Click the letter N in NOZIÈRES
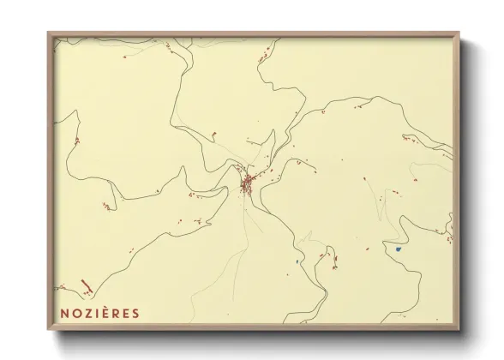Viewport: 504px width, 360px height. click(65, 313)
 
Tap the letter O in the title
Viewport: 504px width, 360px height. click(76, 313)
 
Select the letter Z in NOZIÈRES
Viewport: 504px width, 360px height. click(87, 313)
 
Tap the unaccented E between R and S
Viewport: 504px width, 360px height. click(126, 313)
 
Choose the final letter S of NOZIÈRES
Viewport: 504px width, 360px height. click(135, 313)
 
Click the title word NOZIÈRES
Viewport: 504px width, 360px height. click(99, 313)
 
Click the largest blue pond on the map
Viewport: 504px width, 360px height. click(399, 249)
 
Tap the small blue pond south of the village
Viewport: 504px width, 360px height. click(296, 261)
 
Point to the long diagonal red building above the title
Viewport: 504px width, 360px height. click(86, 286)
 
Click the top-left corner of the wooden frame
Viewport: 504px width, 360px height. click(49, 33)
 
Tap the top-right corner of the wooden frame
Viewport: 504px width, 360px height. click(459, 33)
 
